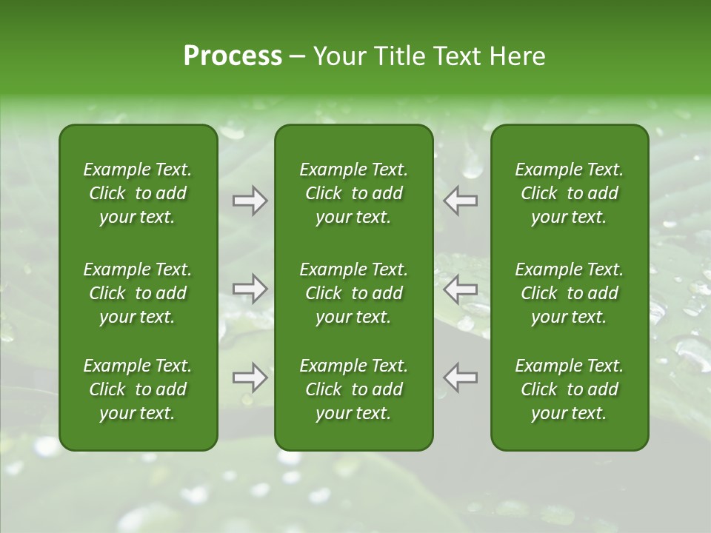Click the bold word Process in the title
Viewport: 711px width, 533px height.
233,56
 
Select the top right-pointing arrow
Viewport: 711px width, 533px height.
250,201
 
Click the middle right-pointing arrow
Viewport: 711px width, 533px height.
250,289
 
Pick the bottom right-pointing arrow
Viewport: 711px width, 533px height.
250,378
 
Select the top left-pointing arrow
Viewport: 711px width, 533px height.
461,201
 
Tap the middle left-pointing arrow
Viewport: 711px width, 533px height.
461,289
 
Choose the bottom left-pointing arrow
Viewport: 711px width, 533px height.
461,378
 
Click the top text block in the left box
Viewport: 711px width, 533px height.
138,193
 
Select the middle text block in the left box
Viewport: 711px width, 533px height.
138,293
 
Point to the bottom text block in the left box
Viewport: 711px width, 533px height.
138,389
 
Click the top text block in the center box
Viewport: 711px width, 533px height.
354,193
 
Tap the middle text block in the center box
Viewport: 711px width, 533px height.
354,293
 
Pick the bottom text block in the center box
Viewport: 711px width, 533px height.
354,389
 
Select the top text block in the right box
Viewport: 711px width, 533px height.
570,193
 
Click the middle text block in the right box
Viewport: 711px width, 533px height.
570,293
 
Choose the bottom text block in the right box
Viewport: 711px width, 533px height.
570,389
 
